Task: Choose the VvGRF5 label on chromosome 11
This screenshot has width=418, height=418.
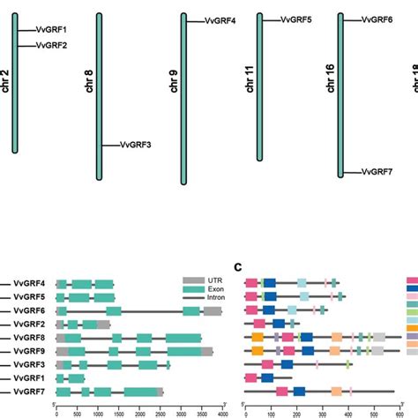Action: pyautogui.click(x=297, y=19)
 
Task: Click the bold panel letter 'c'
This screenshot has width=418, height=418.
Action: pyautogui.click(x=238, y=267)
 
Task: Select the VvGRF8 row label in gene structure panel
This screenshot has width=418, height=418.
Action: pyautogui.click(x=33, y=337)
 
